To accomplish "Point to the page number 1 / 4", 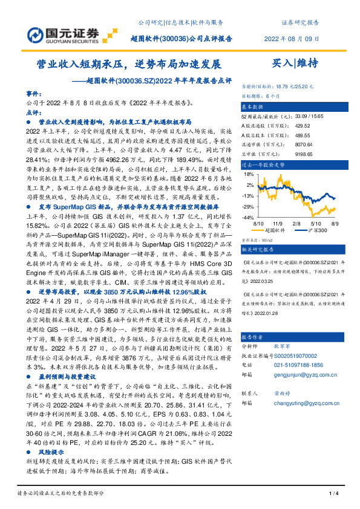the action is click(332, 495).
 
